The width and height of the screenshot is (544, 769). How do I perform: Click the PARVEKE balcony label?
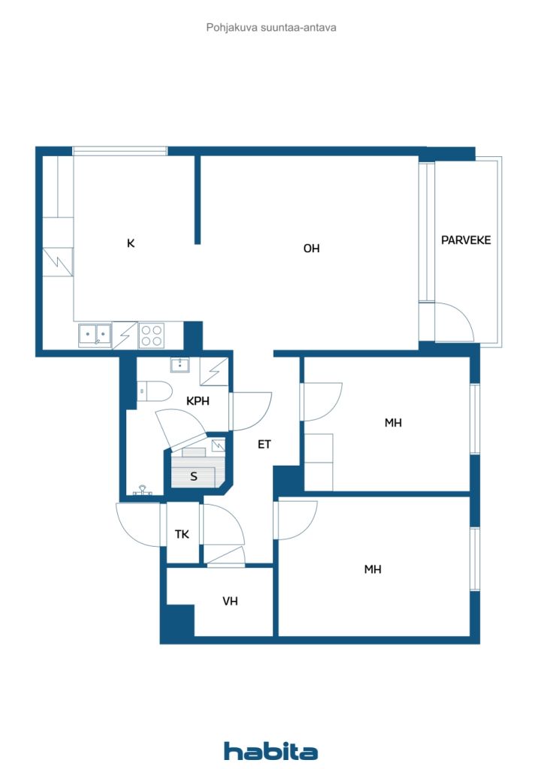(x=466, y=240)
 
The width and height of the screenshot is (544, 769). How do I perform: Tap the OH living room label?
(x=312, y=249)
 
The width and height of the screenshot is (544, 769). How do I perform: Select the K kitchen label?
(x=131, y=243)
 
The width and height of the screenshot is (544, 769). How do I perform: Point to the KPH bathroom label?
(x=198, y=401)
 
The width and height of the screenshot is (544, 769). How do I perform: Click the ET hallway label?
(x=264, y=445)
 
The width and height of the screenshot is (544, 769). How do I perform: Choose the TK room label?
(x=182, y=534)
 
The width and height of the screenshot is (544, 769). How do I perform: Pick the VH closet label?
(x=230, y=601)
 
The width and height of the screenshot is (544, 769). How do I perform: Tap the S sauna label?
(x=194, y=476)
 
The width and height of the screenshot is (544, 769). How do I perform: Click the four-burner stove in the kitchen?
(x=152, y=336)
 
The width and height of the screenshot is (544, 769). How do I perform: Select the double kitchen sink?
(x=95, y=336)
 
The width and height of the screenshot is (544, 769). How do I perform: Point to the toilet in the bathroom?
(x=154, y=391)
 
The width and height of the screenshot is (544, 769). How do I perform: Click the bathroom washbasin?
(x=180, y=365)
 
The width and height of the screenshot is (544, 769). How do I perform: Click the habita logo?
(x=270, y=750)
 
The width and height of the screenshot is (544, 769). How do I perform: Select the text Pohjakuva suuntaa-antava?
(x=271, y=28)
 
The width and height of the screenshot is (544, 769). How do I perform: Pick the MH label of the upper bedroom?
(x=393, y=423)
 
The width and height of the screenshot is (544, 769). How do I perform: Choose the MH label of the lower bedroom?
(x=373, y=569)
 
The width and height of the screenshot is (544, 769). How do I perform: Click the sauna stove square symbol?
(x=219, y=445)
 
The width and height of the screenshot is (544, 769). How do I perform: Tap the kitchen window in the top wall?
(x=120, y=150)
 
